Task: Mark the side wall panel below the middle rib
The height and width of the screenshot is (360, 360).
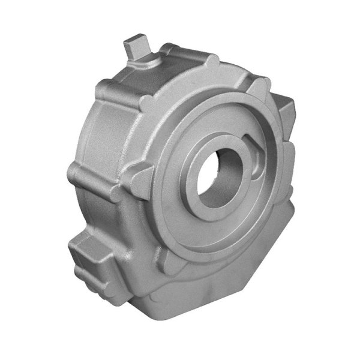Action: [x=102, y=210]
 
